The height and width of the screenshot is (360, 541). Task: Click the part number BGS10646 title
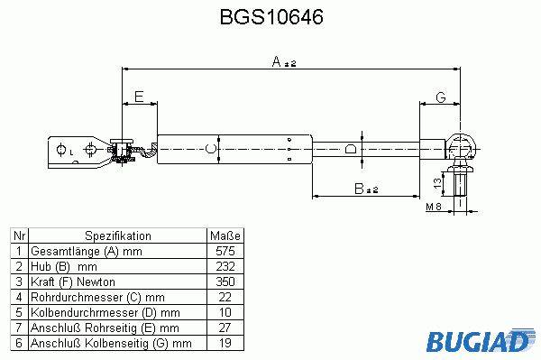pyautogui.click(x=271, y=16)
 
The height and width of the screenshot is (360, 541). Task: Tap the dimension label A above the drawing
pyautogui.click(x=277, y=61)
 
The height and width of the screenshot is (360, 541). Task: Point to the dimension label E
pyautogui.click(x=139, y=97)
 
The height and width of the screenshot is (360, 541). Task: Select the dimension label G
pyautogui.click(x=441, y=97)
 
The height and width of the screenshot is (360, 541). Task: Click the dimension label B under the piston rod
pyautogui.click(x=359, y=189)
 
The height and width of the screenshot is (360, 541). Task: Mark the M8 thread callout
pyautogui.click(x=434, y=207)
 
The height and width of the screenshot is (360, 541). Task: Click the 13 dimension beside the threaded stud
pyautogui.click(x=437, y=183)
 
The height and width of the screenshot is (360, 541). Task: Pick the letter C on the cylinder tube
pyautogui.click(x=210, y=148)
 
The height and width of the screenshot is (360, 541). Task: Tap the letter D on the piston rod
pyautogui.click(x=351, y=149)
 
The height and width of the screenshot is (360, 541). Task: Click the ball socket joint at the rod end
pyautogui.click(x=461, y=147)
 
